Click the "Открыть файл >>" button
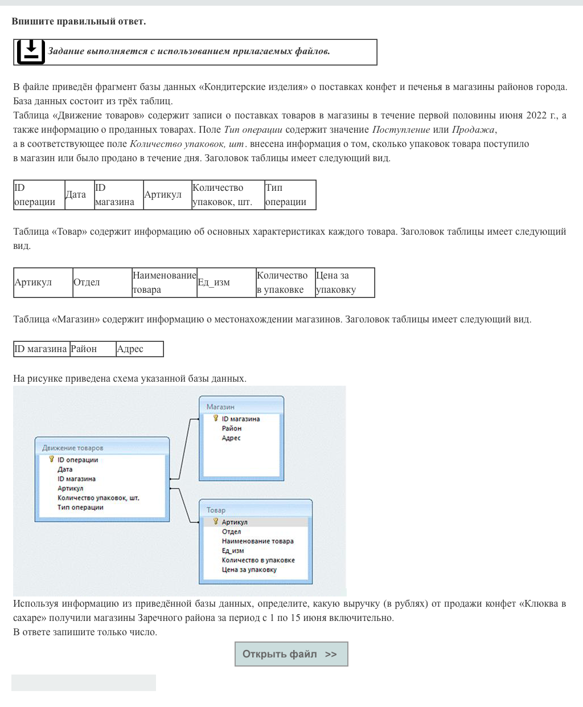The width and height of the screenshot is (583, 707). click(291, 654)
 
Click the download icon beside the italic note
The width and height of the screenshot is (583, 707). click(31, 52)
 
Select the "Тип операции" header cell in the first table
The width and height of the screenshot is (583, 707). click(289, 195)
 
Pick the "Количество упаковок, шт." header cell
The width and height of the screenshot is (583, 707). click(227, 195)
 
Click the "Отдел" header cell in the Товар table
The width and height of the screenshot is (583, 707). click(102, 283)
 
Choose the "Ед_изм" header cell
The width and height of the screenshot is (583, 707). click(225, 283)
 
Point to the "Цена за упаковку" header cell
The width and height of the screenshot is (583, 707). click(344, 283)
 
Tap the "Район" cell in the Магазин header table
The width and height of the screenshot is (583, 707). click(92, 349)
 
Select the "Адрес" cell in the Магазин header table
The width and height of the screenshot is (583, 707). click(139, 349)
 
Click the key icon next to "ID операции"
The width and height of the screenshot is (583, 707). click(51, 459)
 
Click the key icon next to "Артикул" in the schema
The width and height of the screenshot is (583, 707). click(216, 521)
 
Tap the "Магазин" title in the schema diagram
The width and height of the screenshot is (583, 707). click(220, 407)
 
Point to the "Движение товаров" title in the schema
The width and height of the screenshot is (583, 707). click(73, 448)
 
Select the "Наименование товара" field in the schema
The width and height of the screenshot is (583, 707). click(257, 541)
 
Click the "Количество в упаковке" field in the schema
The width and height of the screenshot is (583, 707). click(258, 560)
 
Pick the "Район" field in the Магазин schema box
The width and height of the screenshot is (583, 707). click(232, 428)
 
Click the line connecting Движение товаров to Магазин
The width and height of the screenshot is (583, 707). click(185, 447)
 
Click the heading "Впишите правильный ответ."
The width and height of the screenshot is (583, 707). click(79, 22)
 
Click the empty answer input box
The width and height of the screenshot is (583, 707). click(84, 683)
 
